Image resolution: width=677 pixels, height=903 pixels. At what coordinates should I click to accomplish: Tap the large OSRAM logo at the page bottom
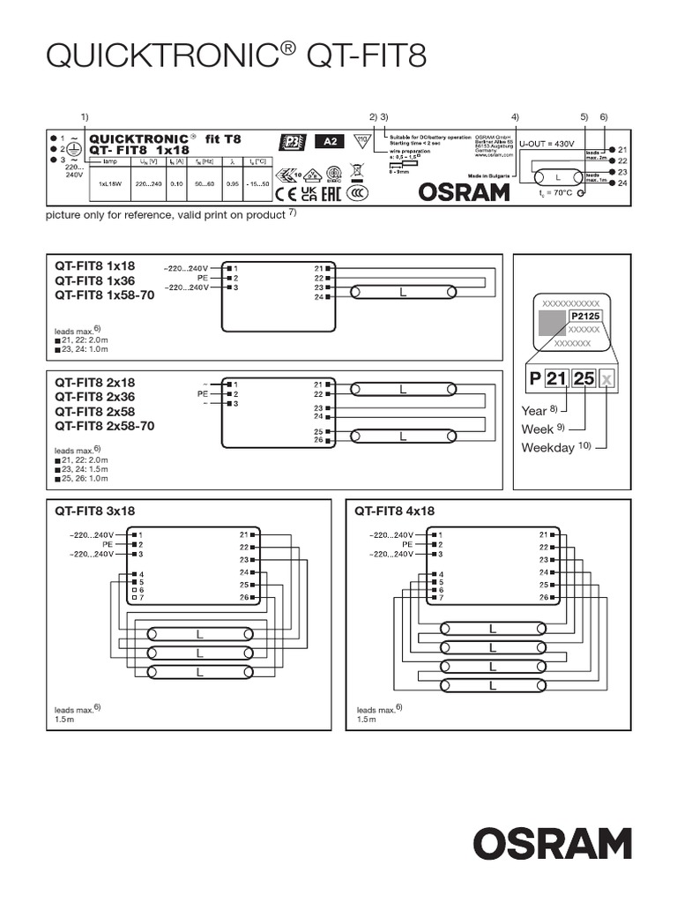coord(554,843)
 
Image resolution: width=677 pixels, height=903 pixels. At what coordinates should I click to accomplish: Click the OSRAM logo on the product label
coord(463,191)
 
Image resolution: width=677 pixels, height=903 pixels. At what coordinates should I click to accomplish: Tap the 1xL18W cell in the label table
coord(109,184)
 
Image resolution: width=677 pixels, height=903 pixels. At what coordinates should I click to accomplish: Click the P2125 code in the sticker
coord(584,315)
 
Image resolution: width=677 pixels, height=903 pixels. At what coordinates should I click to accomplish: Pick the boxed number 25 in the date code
coord(584,378)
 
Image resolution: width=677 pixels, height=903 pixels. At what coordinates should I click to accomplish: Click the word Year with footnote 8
coord(535,410)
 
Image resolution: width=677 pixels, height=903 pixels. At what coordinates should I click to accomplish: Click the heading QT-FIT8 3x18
coord(95,511)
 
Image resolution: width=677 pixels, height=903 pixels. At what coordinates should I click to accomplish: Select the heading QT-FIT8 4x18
coord(395,511)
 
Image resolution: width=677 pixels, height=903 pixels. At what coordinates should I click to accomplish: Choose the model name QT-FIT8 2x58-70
coord(105,426)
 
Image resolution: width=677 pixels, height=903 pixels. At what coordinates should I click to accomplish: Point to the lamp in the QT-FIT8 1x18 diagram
coord(404,292)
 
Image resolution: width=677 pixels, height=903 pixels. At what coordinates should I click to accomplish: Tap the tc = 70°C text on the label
coord(554,192)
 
